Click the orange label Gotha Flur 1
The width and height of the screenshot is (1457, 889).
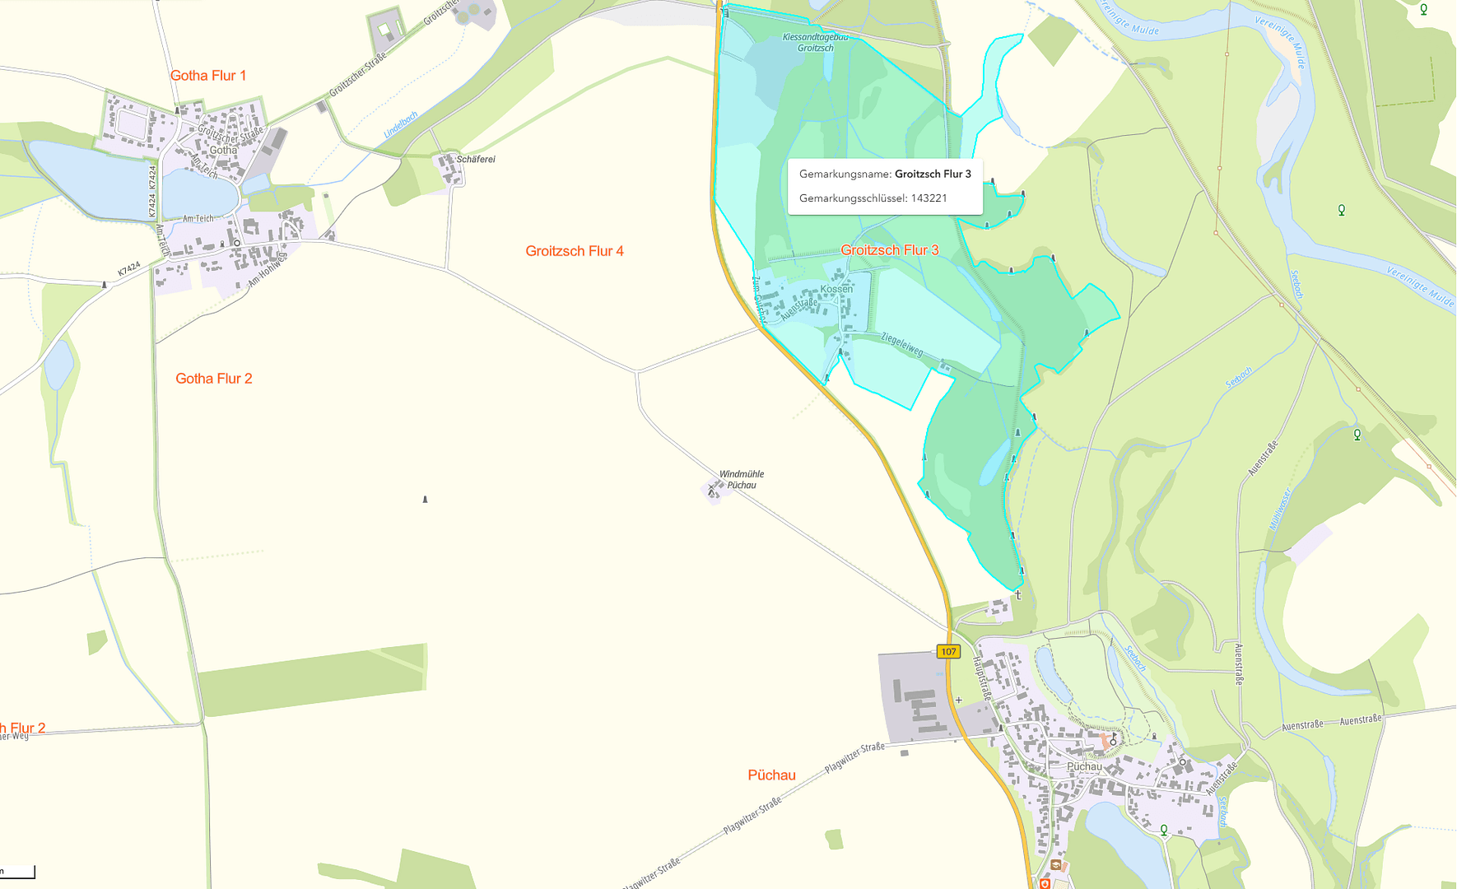(208, 76)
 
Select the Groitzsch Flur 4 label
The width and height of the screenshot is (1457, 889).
(575, 251)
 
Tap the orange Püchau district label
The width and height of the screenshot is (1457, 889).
(771, 775)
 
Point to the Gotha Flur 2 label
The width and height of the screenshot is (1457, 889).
(214, 379)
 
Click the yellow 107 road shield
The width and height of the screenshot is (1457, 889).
(948, 652)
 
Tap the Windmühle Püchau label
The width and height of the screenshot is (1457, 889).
(742, 480)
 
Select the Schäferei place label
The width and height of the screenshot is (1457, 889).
(476, 159)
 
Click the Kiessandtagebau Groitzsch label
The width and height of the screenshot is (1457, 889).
(815, 43)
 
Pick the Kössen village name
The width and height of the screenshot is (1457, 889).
(836, 289)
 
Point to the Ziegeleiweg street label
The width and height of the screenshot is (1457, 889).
(902, 344)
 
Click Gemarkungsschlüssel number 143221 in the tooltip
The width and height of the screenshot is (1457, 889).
(929, 198)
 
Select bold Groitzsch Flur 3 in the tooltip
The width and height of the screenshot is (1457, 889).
(933, 175)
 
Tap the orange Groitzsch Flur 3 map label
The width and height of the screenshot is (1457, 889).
(890, 250)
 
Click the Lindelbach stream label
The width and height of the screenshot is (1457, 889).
(401, 124)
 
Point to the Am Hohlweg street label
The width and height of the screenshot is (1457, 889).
(268, 269)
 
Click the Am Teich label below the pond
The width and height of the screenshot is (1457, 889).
(198, 219)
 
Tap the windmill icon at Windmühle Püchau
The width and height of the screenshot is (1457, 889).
(713, 491)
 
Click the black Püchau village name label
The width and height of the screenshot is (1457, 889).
(1084, 766)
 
